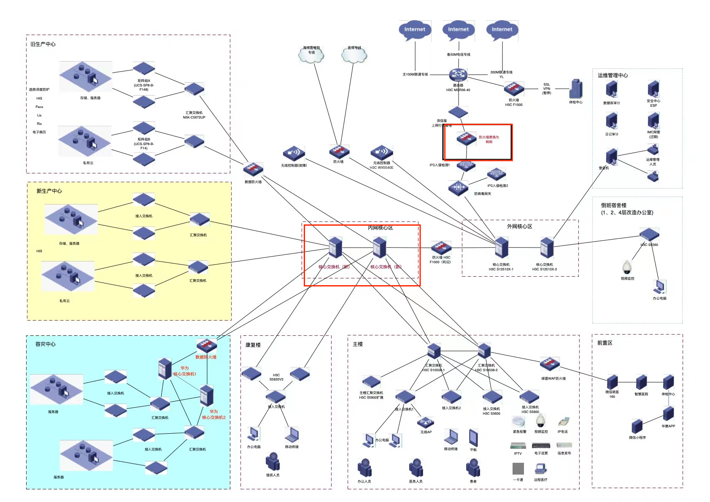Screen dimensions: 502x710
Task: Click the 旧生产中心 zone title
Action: coord(43,44)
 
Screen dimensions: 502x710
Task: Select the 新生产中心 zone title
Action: coord(49,191)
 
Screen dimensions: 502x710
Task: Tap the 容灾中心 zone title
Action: coord(46,344)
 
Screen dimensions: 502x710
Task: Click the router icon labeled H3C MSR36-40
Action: coord(458,75)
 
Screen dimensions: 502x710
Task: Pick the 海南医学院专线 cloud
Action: coord(311,54)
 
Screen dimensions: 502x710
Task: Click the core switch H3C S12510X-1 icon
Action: coord(501,247)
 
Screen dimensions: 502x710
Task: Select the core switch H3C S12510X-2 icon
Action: coord(547,247)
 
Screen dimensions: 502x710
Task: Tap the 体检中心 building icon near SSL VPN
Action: coord(575,89)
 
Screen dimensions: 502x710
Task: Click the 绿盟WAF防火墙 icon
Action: coord(550,364)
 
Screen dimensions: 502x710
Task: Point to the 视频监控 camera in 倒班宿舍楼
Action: coord(627,267)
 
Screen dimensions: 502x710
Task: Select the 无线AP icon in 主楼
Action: coord(425,422)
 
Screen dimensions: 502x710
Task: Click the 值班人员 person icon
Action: coord(273,462)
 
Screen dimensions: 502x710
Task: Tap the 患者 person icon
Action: coord(473,468)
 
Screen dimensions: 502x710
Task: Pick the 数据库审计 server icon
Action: coord(611,89)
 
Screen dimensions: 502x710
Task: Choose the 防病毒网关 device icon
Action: coord(458,187)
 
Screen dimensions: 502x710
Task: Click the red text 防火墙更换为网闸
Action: coord(489,140)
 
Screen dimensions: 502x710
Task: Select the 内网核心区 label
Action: coord(380,228)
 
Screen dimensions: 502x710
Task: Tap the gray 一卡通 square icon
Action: coord(518,469)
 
